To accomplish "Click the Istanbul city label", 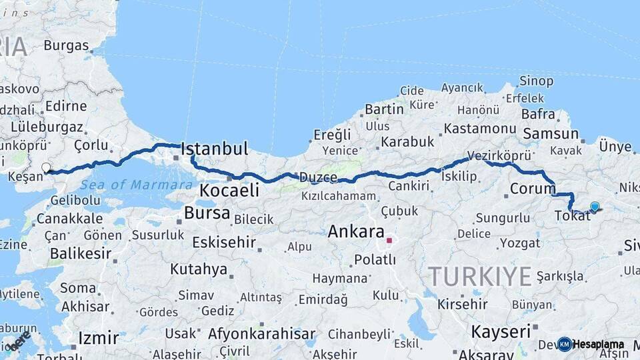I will [214, 148].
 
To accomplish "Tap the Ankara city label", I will [356, 232].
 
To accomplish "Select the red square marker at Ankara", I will [389, 241].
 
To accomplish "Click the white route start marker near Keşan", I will [46, 167].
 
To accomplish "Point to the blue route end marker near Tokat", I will [595, 206].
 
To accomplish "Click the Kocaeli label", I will [229, 191].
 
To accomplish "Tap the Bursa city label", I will [207, 214].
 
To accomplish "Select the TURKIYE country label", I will [480, 275].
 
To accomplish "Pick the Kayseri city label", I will [501, 331].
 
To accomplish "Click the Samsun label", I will [550, 133].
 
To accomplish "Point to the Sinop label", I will [536, 81].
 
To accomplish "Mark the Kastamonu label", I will [480, 128].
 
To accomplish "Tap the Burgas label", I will [66, 46].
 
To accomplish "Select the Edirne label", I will [66, 106].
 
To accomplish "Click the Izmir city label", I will [98, 338].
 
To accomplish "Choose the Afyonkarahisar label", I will [261, 334].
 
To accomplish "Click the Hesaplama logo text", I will [598, 345].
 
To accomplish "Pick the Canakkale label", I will [69, 219].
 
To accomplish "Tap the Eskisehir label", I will [224, 242].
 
